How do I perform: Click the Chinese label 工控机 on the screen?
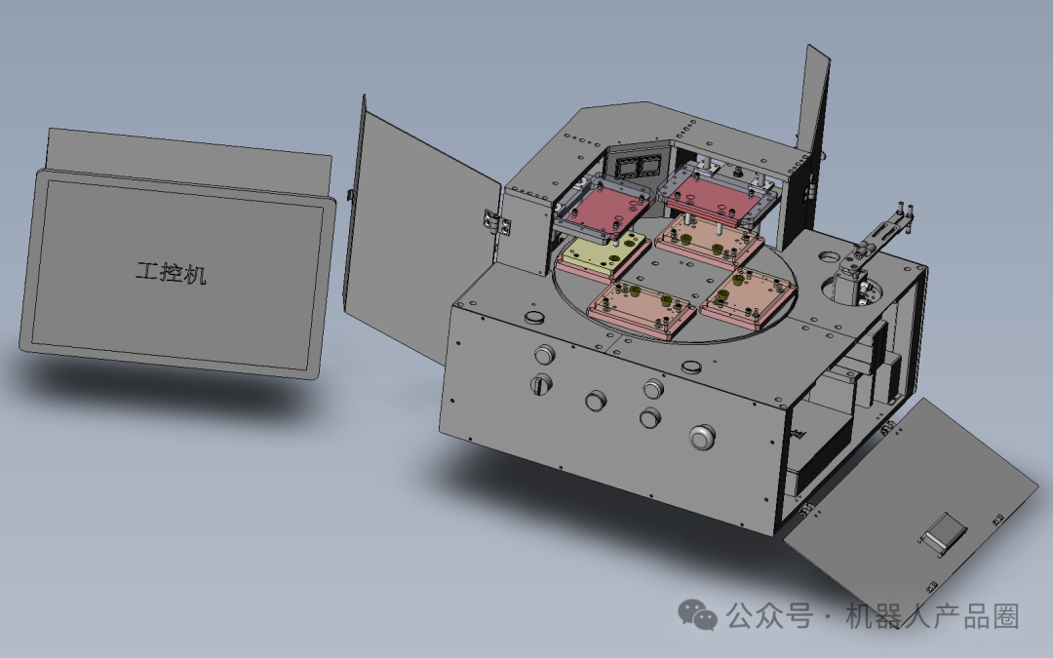[172, 273]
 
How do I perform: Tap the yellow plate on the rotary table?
[604, 252]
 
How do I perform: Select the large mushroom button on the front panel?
[702, 437]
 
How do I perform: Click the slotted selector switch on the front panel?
[541, 385]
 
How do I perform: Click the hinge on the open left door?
[494, 222]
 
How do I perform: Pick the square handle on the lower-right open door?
[945, 531]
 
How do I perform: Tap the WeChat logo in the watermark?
[697, 614]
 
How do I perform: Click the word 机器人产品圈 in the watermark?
[932, 616]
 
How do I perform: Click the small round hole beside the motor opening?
[830, 256]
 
